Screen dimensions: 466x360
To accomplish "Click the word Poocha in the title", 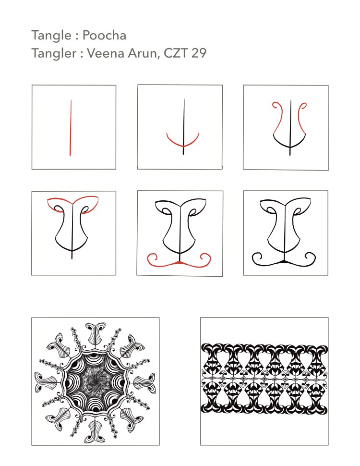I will (104, 36).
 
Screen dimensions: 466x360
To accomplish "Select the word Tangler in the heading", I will (52, 53).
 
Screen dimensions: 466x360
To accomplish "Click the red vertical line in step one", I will (71, 128).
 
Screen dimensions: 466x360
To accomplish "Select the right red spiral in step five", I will (205, 259).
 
